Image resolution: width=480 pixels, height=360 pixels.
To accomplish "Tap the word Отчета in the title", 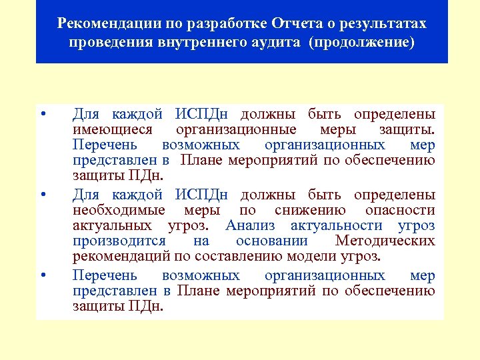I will tap(295, 25).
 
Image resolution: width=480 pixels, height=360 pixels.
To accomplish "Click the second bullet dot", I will tap(42, 195).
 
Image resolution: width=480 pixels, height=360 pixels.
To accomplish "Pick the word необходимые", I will tap(119, 210).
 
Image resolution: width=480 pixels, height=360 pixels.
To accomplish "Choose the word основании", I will tap(272, 241).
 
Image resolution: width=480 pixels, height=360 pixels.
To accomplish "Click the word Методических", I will tap(385, 241).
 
